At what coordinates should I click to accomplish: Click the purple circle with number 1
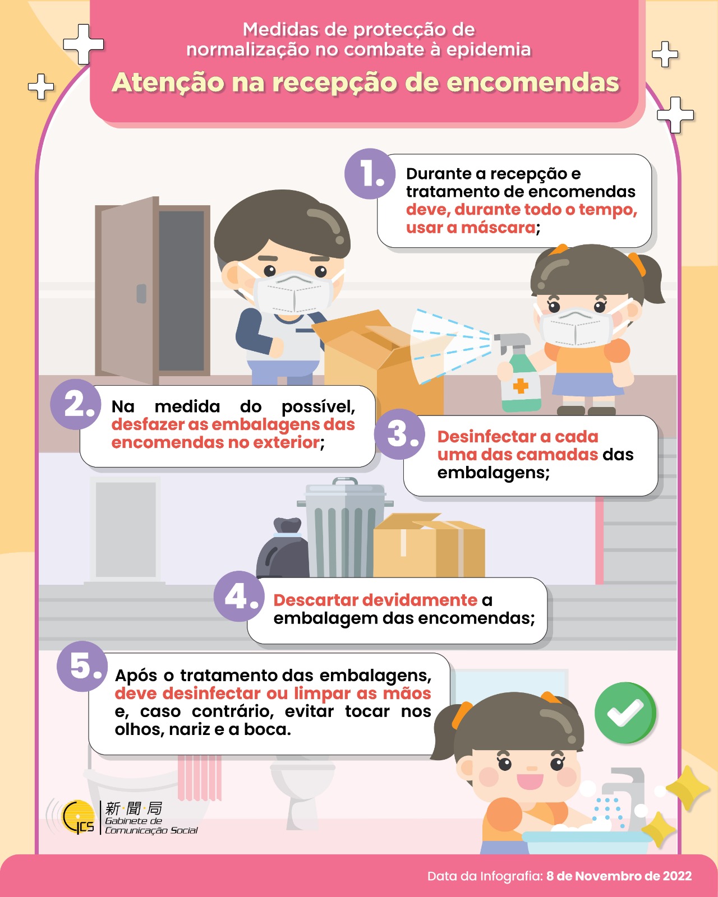(x=370, y=174)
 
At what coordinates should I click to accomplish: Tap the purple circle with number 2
(x=76, y=404)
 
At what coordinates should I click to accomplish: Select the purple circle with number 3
(x=399, y=434)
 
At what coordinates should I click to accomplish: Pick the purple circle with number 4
(x=239, y=596)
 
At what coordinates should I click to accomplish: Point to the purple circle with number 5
(x=82, y=666)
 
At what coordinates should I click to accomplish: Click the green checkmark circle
(x=625, y=713)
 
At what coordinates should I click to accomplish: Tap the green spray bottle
(x=517, y=372)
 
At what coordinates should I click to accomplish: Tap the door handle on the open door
(x=141, y=293)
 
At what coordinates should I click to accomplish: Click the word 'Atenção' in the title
(x=168, y=83)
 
